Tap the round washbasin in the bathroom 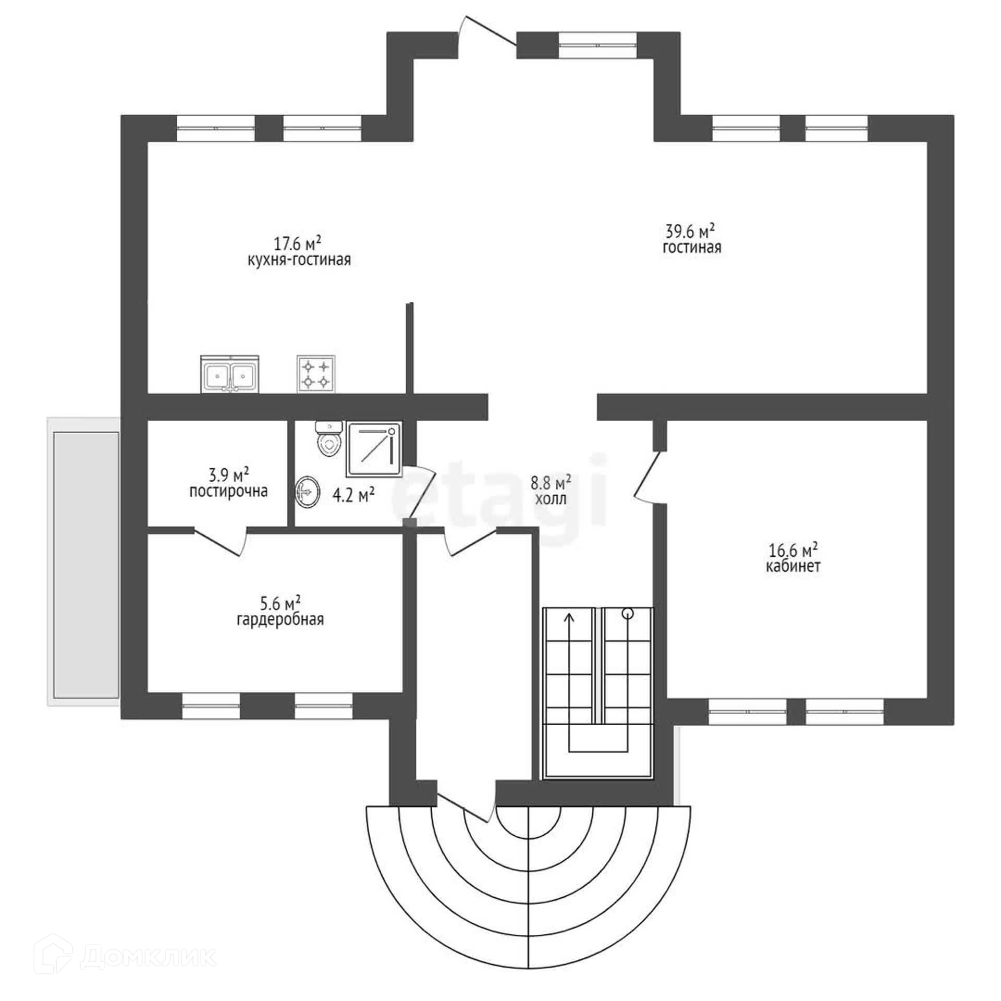[x=308, y=491]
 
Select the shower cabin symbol [x=375, y=449]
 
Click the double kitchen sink [x=229, y=374]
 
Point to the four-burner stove [x=316, y=374]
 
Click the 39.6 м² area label [x=689, y=230]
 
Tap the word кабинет [x=792, y=567]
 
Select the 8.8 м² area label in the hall [x=551, y=482]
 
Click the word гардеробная [x=280, y=620]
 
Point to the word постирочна [x=228, y=491]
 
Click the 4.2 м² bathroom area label [x=353, y=494]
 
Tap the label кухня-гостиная [x=299, y=260]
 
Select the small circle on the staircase [x=628, y=614]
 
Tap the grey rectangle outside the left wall [x=86, y=564]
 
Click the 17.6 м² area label [x=297, y=243]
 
